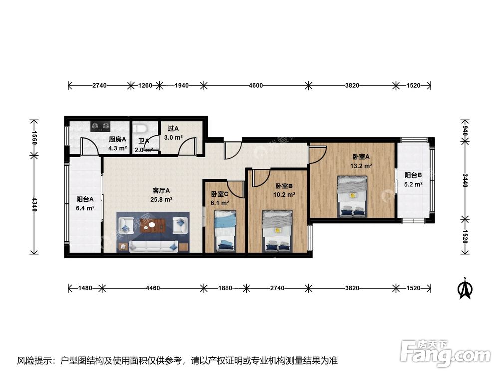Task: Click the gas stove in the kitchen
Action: pos(101,126)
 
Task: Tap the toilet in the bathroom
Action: pos(140,129)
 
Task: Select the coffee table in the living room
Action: pos(154,225)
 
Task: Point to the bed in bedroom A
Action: pos(352,196)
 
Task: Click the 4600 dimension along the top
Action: pos(256,86)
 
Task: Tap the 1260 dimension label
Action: pos(145,86)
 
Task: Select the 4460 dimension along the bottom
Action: pos(153,288)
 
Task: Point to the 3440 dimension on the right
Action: pos(465,180)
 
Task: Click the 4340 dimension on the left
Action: pos(35,204)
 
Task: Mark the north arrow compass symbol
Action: pos(465,288)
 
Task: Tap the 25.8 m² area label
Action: pos(161,200)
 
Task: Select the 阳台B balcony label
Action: pos(413,175)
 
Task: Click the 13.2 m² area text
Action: pos(361,166)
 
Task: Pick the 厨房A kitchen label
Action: pos(117,139)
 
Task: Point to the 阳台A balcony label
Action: pos(85,200)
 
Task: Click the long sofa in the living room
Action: pos(153,246)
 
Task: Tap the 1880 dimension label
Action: pos(225,288)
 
